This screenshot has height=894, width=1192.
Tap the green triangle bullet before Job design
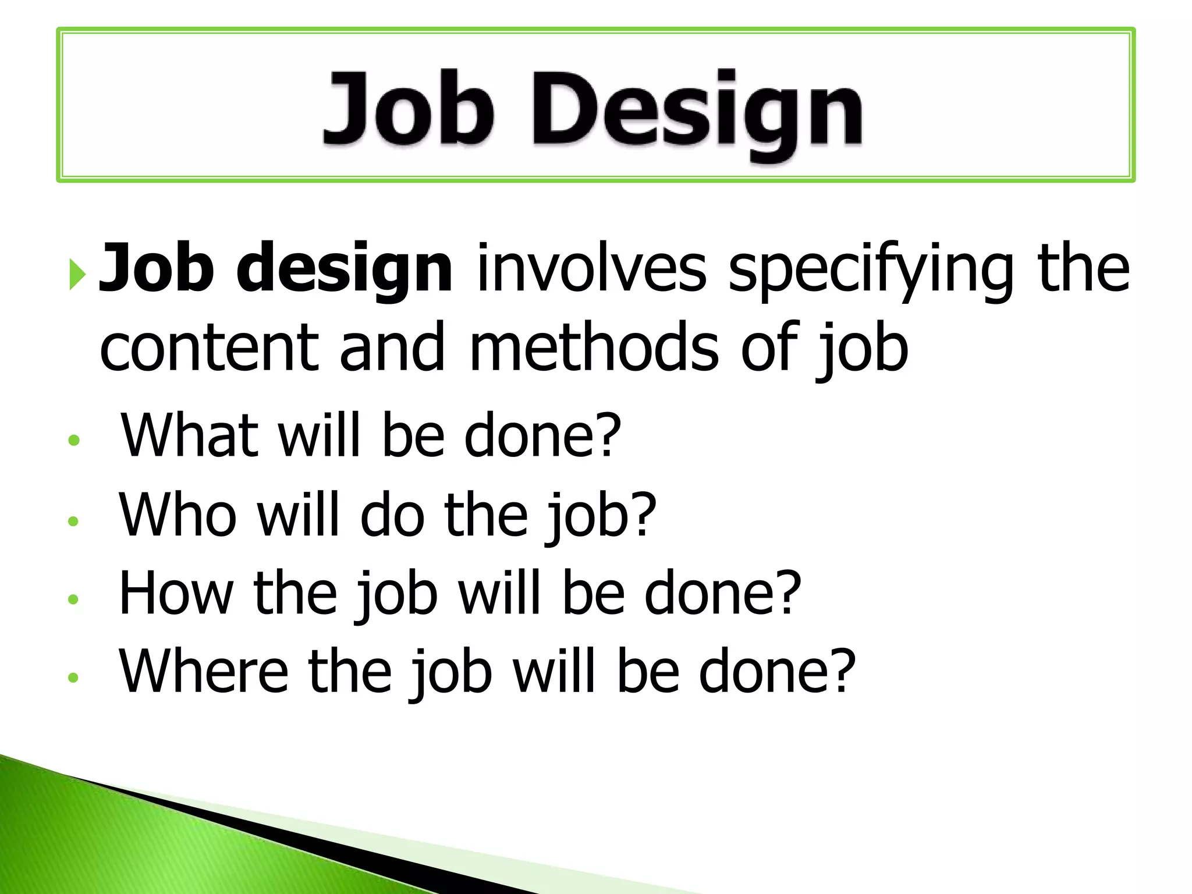[x=77, y=274]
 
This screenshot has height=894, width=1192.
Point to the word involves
[x=591, y=269]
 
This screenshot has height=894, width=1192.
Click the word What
[x=189, y=435]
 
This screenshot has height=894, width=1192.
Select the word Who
[x=178, y=515]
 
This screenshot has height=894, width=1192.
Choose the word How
[x=175, y=593]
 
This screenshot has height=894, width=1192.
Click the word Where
[x=203, y=672]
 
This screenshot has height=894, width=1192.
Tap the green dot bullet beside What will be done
[x=73, y=441]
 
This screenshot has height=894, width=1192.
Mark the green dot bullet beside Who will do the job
[x=73, y=520]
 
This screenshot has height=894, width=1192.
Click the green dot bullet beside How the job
[x=73, y=599]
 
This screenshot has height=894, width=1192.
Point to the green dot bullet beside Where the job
[x=73, y=677]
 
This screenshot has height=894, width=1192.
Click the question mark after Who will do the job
[x=644, y=515]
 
